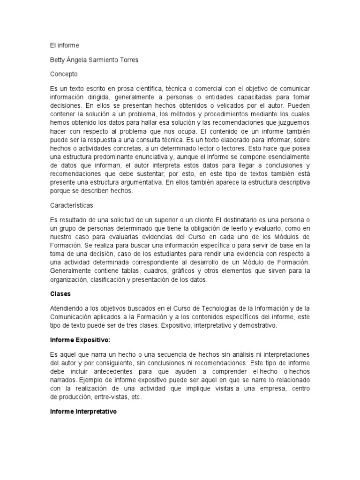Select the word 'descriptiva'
(x=292, y=183)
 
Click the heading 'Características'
(x=72, y=205)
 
